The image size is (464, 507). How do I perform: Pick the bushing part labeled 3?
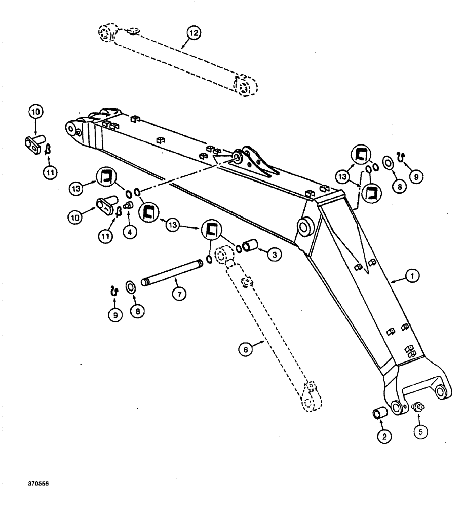click(252, 247)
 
